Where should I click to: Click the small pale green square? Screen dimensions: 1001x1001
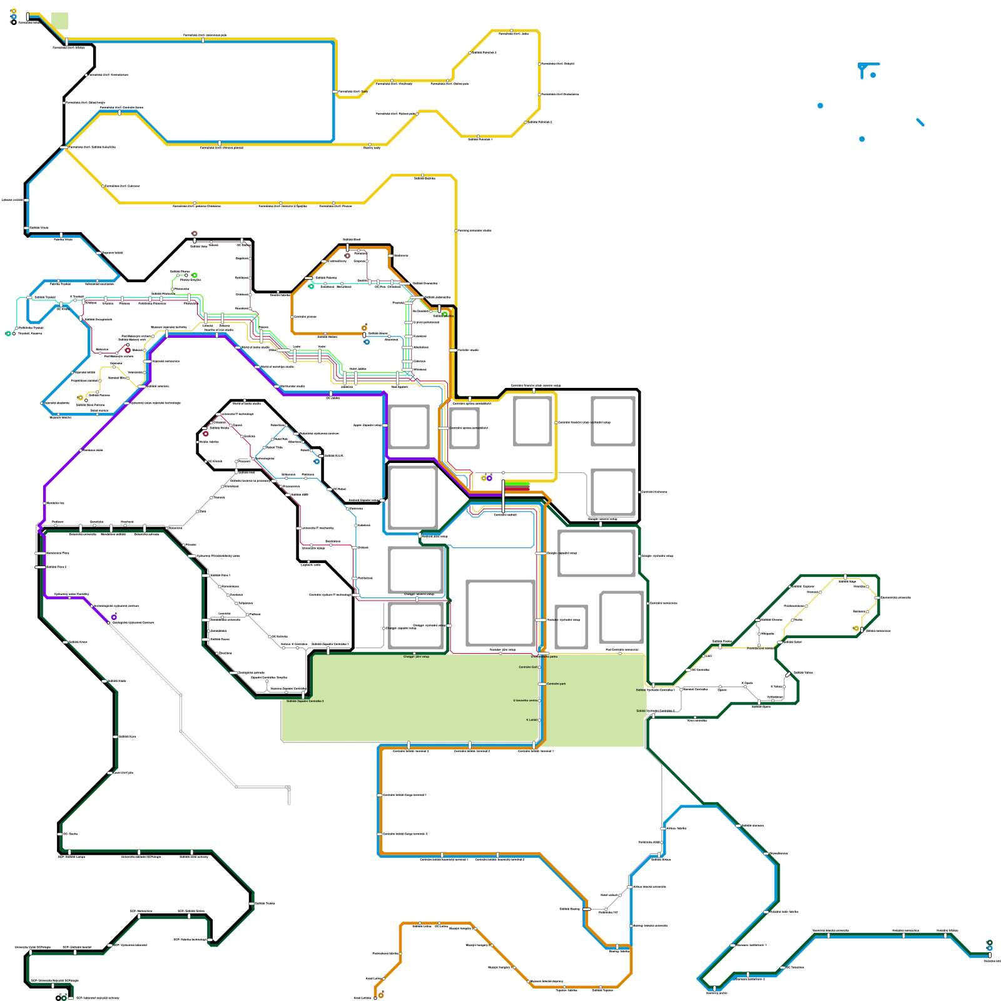coord(59,21)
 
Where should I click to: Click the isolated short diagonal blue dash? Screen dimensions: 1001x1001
coord(920,122)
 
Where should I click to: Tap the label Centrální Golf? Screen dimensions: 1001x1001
coord(527,667)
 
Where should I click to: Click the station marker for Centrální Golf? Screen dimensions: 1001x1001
coord(539,667)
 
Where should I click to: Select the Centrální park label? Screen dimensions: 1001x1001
coord(556,684)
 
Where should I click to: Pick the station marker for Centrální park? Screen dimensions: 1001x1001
coord(544,684)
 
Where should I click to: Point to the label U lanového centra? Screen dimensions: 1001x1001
coord(525,701)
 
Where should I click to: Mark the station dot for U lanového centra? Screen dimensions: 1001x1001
coord(539,701)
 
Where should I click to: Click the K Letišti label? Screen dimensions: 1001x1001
coord(531,720)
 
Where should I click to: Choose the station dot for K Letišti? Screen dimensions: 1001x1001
coord(539,720)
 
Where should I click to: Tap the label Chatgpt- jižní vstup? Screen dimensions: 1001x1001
coord(416,657)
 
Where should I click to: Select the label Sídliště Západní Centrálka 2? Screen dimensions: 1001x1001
coord(305,701)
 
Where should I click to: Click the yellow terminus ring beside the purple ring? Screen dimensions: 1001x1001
coord(484,478)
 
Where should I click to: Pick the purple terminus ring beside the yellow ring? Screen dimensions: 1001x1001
coord(489,478)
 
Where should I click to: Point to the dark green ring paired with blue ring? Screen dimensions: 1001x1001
coord(989,943)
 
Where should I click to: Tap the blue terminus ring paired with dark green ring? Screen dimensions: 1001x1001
coord(989,948)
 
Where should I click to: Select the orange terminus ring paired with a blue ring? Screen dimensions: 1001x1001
coord(364,328)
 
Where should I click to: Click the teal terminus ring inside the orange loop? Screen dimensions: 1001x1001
coord(311,286)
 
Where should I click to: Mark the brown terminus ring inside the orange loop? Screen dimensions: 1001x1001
coord(347,255)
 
